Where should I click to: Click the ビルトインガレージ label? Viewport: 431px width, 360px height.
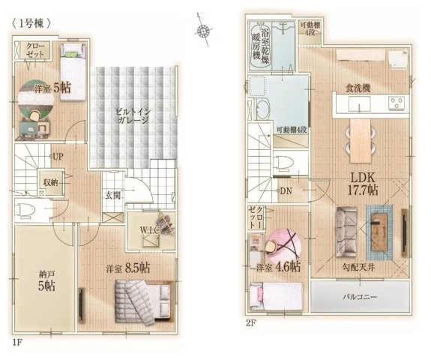pyautogui.click(x=133, y=115)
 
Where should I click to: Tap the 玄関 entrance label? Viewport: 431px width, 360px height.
pyautogui.click(x=113, y=195)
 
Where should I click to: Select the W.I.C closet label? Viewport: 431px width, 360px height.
pyautogui.click(x=150, y=230)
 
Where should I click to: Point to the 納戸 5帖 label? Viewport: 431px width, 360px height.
pyautogui.click(x=46, y=281)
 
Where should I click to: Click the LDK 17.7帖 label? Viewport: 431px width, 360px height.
pyautogui.click(x=363, y=184)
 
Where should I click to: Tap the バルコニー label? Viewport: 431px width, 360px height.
pyautogui.click(x=360, y=297)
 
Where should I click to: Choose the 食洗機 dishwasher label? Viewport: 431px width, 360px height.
pyautogui.click(x=358, y=88)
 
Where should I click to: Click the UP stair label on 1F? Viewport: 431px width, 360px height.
pyautogui.click(x=58, y=157)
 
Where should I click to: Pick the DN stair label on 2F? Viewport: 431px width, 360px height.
pyautogui.click(x=286, y=190)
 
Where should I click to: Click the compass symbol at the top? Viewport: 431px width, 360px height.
pyautogui.click(x=203, y=30)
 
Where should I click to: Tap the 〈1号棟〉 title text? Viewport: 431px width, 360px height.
pyautogui.click(x=31, y=24)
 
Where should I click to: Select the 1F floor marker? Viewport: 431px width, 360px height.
pyautogui.click(x=16, y=343)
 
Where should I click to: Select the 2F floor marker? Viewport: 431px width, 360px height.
pyautogui.click(x=250, y=322)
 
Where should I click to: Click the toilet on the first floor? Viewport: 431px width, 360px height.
pyautogui.click(x=25, y=210)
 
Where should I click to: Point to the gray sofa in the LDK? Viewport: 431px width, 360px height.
pyautogui.click(x=346, y=232)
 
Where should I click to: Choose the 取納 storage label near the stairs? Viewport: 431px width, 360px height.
pyautogui.click(x=50, y=182)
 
